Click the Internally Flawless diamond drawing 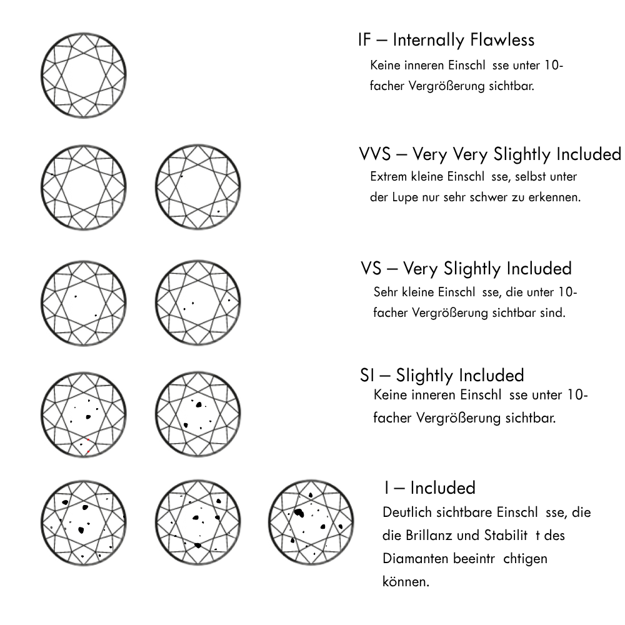click(83, 76)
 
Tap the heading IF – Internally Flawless click(446, 40)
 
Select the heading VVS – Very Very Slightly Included click(490, 154)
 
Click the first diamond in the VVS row click(83, 188)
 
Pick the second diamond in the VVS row click(197, 188)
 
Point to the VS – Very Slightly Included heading click(466, 269)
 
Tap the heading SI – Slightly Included click(442, 376)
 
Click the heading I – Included click(430, 487)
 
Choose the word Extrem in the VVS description click(388, 177)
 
